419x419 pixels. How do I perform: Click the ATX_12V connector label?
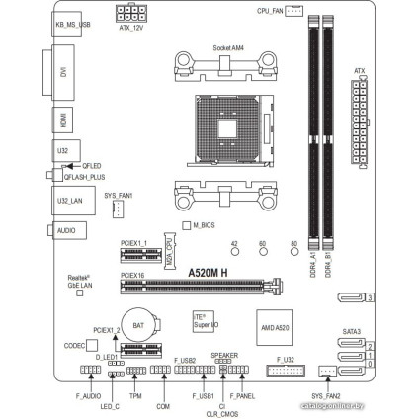pyautogui.click(x=131, y=30)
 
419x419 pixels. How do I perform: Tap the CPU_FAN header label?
pyautogui.click(x=269, y=9)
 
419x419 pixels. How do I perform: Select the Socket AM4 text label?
pyautogui.click(x=228, y=46)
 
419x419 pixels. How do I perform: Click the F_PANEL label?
pyautogui.click(x=243, y=395)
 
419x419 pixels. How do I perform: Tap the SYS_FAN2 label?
pyautogui.click(x=325, y=395)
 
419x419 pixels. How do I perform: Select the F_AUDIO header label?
pyautogui.click(x=89, y=395)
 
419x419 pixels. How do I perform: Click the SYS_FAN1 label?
pyautogui.click(x=118, y=196)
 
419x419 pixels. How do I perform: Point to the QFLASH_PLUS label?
pyautogui.click(x=83, y=175)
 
